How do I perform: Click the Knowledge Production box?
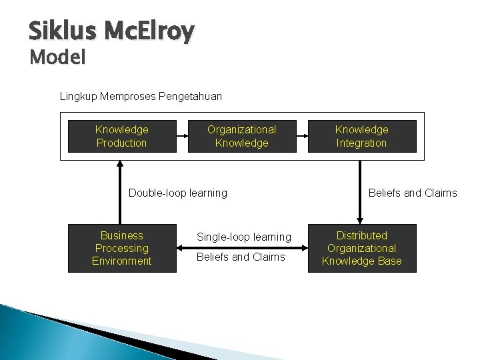pyautogui.click(x=122, y=136)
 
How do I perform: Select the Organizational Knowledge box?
pyautogui.click(x=241, y=136)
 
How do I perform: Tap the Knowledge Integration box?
pyautogui.click(x=361, y=136)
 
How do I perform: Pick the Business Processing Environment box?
pyautogui.click(x=122, y=248)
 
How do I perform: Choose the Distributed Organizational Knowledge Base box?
pyautogui.click(x=361, y=248)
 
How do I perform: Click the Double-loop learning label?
pyautogui.click(x=177, y=193)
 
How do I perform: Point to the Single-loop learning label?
pyautogui.click(x=243, y=237)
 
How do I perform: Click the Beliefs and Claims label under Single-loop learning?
pyautogui.click(x=241, y=257)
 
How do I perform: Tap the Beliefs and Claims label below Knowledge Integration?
pyautogui.click(x=413, y=193)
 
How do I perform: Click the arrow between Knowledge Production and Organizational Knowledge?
pyautogui.click(x=182, y=137)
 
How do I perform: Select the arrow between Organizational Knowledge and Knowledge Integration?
pyautogui.click(x=301, y=137)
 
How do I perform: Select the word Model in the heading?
pyautogui.click(x=58, y=58)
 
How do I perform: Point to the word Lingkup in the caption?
pyautogui.click(x=78, y=97)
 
